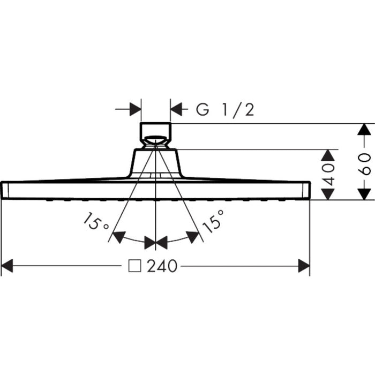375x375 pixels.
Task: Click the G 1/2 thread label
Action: (225, 110)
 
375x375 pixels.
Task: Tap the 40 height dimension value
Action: (328, 175)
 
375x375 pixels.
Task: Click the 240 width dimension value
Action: (162, 266)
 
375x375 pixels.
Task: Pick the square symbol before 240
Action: (134, 266)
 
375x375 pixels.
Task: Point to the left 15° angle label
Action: (96, 222)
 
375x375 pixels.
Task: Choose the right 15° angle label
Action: (213, 221)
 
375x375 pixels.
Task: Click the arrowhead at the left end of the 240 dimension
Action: (7, 266)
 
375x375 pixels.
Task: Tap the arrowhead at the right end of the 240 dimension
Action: (304, 266)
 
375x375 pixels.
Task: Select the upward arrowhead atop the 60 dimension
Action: (364, 130)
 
